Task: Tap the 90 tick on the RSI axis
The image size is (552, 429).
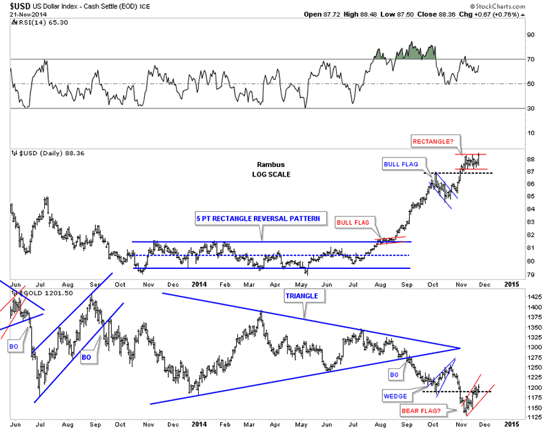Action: (531, 34)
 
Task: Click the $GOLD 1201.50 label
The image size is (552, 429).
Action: (36, 293)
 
